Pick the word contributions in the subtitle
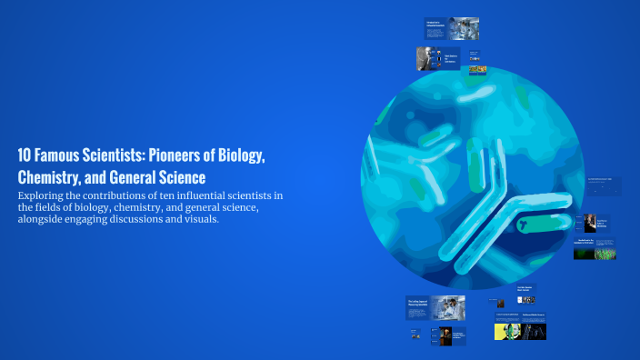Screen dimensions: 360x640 coord(117,195)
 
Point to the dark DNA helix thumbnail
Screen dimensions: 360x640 coord(533,332)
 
